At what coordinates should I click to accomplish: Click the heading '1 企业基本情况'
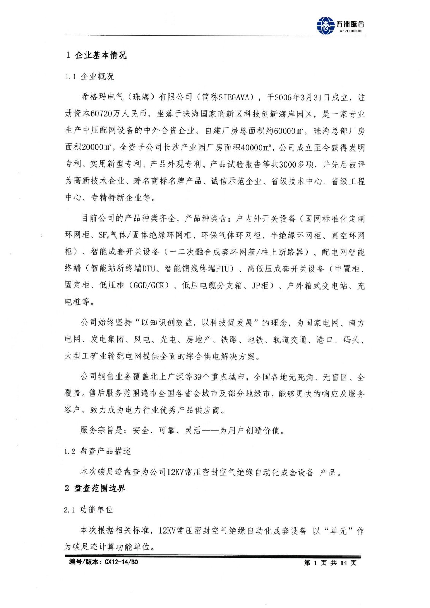pyautogui.click(x=96, y=55)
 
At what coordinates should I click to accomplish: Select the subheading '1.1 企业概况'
pyautogui.click(x=89, y=76)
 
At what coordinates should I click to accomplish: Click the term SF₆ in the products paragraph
pyautogui.click(x=104, y=236)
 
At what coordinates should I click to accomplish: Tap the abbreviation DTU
pyautogui.click(x=149, y=269)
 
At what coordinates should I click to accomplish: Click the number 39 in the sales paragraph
pyautogui.click(x=197, y=377)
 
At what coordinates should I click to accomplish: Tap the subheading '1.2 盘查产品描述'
pyautogui.click(x=98, y=451)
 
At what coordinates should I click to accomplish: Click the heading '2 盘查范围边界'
pyautogui.click(x=95, y=488)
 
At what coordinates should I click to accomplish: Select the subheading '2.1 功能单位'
pyautogui.click(x=89, y=510)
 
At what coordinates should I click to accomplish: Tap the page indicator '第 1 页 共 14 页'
pyautogui.click(x=330, y=563)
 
